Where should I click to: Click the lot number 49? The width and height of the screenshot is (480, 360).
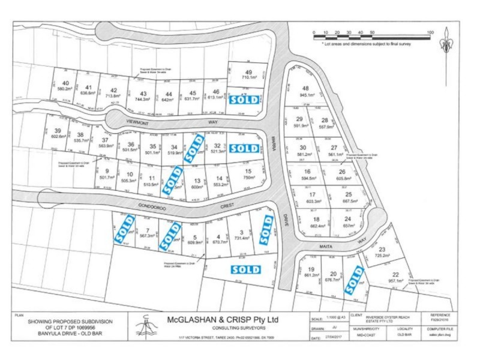click(x=248, y=72)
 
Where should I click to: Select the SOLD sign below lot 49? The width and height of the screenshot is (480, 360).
click(x=244, y=100)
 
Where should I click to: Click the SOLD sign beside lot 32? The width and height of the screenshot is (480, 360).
click(x=244, y=148)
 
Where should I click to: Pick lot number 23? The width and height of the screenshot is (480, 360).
click(x=381, y=249)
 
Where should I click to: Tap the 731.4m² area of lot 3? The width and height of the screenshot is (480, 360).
click(x=241, y=238)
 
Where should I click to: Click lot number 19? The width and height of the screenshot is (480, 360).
click(x=311, y=269)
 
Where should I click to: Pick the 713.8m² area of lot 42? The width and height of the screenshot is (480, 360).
click(x=113, y=95)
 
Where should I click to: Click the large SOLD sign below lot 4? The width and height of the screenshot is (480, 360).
click(x=245, y=269)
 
